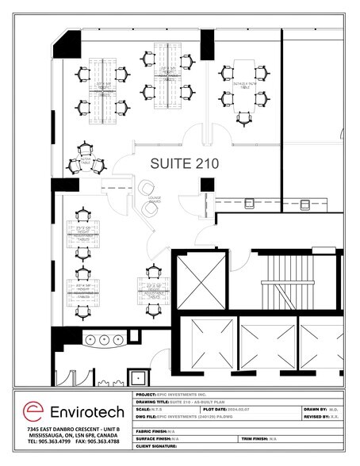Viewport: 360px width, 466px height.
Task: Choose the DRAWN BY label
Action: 314,410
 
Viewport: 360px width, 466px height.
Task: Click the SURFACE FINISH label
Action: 155,437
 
